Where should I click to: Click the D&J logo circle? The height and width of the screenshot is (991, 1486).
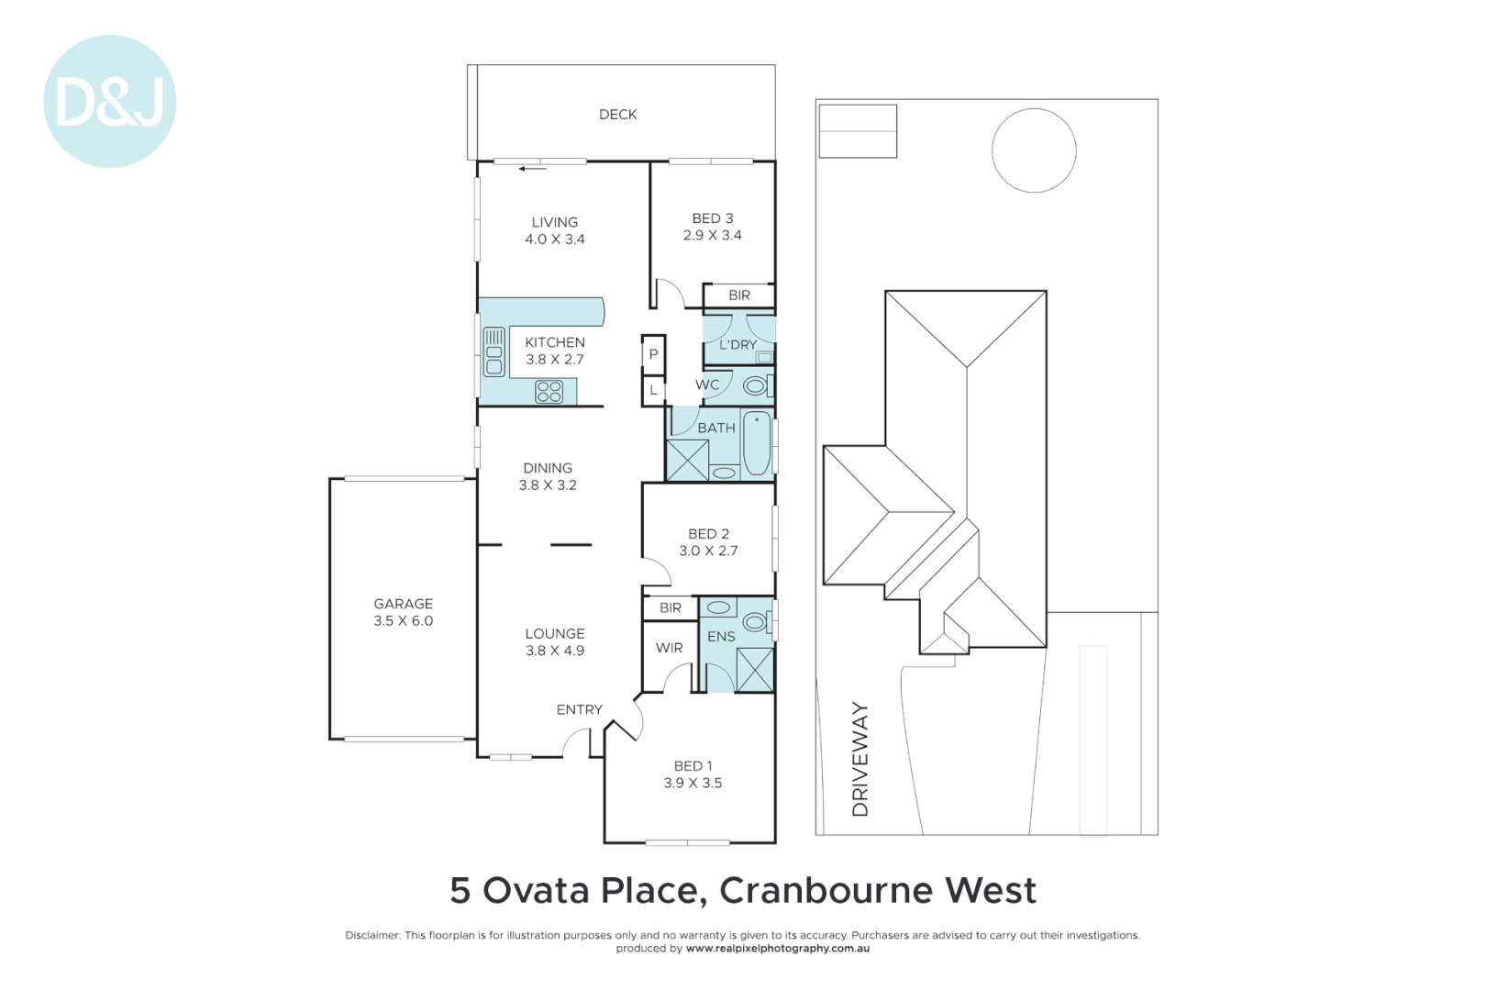pyautogui.click(x=109, y=102)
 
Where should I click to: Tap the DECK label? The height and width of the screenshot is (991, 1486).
pyautogui.click(x=617, y=115)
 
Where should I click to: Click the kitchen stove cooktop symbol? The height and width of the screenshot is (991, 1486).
pyautogui.click(x=549, y=392)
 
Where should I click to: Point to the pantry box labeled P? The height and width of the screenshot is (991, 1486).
pyautogui.click(x=653, y=354)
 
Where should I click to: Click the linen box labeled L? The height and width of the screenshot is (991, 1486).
pyautogui.click(x=653, y=390)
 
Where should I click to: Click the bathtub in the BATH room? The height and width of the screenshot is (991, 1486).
pyautogui.click(x=757, y=443)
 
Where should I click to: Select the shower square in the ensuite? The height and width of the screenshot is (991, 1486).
pyautogui.click(x=755, y=669)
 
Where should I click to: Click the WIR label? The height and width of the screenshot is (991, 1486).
pyautogui.click(x=669, y=648)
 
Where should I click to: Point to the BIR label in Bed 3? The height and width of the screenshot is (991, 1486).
pyautogui.click(x=739, y=295)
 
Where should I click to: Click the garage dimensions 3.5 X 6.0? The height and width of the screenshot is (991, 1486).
pyautogui.click(x=403, y=621)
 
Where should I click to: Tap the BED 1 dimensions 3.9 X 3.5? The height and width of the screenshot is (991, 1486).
pyautogui.click(x=693, y=784)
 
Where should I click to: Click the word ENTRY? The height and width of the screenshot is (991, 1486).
pyautogui.click(x=579, y=710)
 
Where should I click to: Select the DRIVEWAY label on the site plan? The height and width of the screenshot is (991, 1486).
pyautogui.click(x=859, y=759)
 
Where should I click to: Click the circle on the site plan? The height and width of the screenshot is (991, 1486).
pyautogui.click(x=1034, y=150)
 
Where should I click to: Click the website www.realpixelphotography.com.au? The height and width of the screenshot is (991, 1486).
pyautogui.click(x=777, y=949)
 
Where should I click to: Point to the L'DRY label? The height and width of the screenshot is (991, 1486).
pyautogui.click(x=737, y=345)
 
